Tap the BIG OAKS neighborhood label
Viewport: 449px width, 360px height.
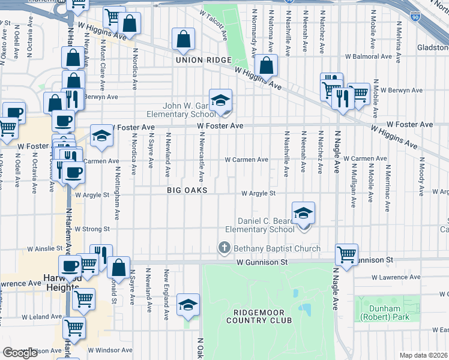187,190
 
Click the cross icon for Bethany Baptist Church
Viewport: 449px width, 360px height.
224,248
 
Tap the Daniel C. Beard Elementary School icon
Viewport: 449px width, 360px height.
303,213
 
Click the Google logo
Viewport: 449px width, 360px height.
20,353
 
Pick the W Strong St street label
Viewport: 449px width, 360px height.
92,229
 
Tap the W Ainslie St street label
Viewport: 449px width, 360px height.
44,248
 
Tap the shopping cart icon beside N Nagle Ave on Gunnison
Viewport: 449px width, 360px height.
347,254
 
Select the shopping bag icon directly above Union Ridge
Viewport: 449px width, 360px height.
183,40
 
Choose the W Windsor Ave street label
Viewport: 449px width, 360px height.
109,349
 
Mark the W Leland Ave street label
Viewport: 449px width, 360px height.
41,316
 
